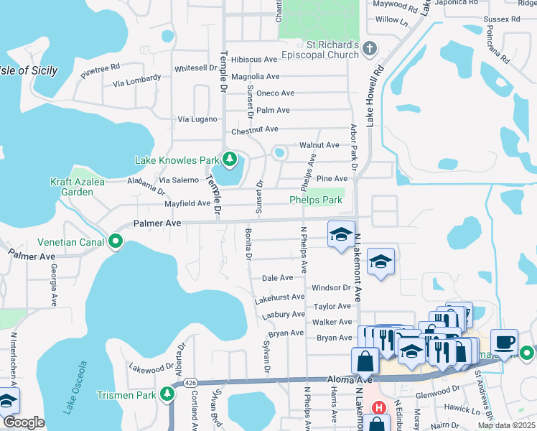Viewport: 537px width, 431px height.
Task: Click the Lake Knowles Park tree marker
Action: pos(230,159)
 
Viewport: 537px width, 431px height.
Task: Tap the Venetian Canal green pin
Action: pos(116,242)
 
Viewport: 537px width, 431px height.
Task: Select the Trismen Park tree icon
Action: pos(167,394)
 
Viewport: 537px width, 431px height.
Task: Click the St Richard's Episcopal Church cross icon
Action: pos(370,49)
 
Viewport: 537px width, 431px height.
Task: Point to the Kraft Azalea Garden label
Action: pos(78,187)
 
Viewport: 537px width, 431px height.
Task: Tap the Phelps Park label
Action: pos(316,200)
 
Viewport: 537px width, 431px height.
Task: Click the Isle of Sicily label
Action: pos(29,70)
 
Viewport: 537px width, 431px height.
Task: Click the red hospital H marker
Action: pos(377,407)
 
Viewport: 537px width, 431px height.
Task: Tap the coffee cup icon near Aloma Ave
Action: pos(504,342)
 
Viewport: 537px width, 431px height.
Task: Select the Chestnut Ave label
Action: pos(254,130)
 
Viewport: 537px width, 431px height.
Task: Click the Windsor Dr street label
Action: pos(331,288)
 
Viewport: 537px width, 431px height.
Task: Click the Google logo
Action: pos(24,423)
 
